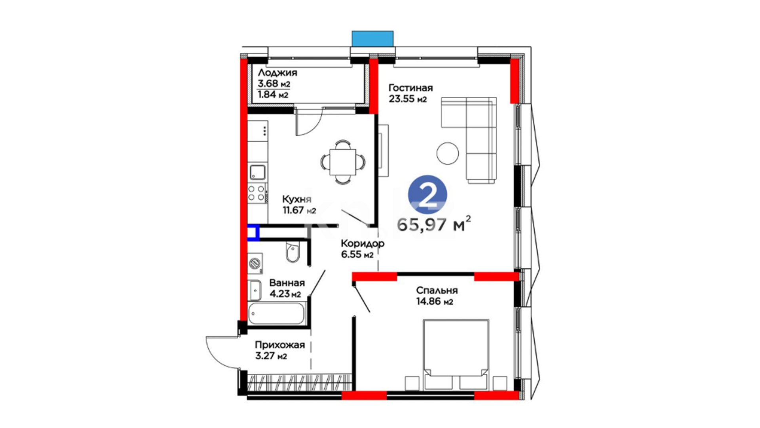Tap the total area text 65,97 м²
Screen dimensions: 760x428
coord(434,224)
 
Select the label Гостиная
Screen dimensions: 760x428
coord(410,88)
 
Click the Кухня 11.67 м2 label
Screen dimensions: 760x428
coord(299,204)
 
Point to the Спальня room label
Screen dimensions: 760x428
coord(437,290)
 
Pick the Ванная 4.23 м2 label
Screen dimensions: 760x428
coord(287,288)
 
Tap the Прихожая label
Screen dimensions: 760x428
coord(279,345)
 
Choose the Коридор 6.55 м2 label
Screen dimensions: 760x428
coord(362,249)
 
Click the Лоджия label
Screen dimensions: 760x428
coord(277,73)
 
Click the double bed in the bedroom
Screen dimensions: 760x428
coord(456,354)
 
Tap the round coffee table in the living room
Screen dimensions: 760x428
coord(448,153)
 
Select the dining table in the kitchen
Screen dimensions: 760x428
coord(343,162)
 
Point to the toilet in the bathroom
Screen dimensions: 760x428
coord(293,252)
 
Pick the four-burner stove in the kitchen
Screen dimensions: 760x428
coord(257,193)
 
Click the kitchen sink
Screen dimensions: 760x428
coord(257,172)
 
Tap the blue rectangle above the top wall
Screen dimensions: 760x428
coord(372,39)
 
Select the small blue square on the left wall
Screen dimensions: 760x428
coord(253,233)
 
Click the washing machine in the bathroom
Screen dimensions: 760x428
coord(255,263)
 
